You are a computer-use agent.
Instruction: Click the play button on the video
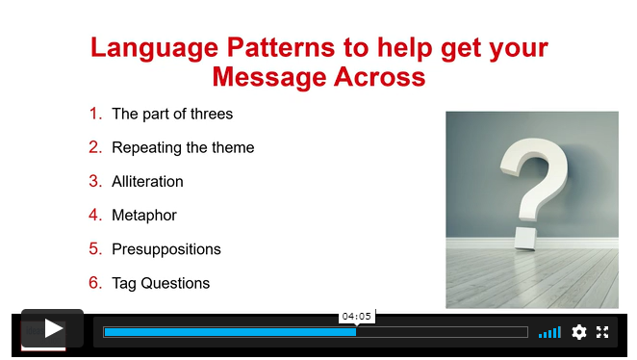(52, 328)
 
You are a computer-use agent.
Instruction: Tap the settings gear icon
(579, 332)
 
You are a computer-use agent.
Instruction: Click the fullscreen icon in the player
(602, 332)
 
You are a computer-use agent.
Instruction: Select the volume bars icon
(549, 332)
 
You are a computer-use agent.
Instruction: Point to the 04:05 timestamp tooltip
(357, 316)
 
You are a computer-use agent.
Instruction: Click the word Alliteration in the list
(147, 181)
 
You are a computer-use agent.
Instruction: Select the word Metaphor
(144, 216)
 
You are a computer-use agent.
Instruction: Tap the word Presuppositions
(166, 249)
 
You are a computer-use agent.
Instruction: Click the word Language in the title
(155, 49)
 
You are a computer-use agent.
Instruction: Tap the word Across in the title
(379, 76)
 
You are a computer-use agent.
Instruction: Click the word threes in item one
(212, 114)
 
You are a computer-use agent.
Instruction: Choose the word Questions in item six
(175, 283)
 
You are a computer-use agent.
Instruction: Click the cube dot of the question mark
(525, 238)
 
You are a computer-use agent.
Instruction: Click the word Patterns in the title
(281, 47)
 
